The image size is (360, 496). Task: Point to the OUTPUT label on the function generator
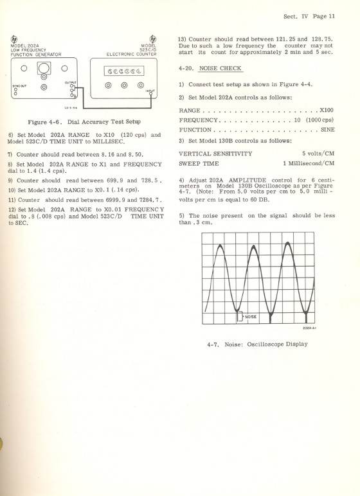(71, 82)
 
